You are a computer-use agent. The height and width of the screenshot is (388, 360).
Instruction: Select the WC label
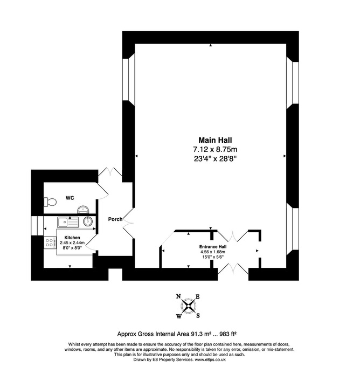click(x=70, y=198)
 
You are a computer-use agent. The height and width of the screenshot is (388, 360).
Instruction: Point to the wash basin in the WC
click(x=83, y=210)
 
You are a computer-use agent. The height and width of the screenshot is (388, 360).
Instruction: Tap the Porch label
click(x=115, y=219)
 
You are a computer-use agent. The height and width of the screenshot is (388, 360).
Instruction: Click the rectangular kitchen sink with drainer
click(x=69, y=221)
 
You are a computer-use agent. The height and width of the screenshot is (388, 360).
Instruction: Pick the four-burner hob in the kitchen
click(x=49, y=244)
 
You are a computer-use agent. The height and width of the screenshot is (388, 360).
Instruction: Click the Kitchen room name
click(x=73, y=238)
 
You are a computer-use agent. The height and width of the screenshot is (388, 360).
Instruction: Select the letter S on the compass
click(x=197, y=316)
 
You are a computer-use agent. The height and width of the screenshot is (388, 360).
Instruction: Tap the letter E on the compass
click(x=197, y=297)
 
